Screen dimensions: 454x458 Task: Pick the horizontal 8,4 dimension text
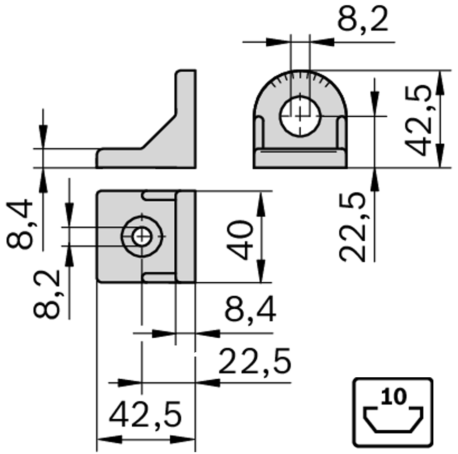pyautogui.click(x=250, y=310)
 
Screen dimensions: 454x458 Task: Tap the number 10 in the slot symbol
pyautogui.click(x=393, y=396)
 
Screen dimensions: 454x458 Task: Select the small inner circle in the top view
pyautogui.click(x=141, y=236)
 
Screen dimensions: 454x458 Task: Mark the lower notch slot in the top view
pyautogui.click(x=159, y=276)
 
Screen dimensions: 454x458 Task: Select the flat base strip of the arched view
pyautogui.click(x=300, y=158)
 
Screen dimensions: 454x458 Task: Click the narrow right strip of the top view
pyautogui.click(x=185, y=236)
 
